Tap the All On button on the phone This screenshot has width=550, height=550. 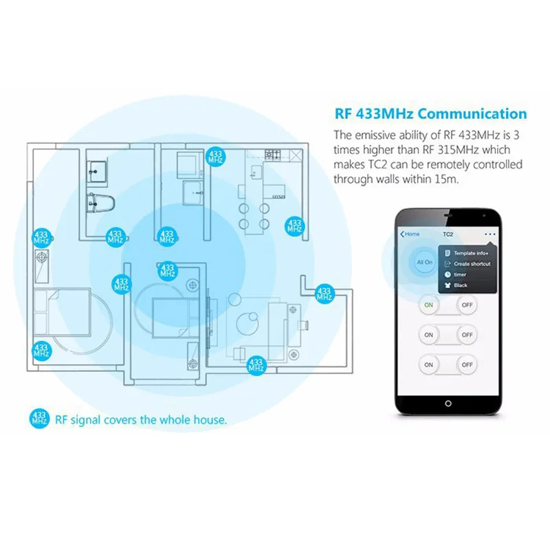coord(424,262)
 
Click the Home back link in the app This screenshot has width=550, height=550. coord(410,234)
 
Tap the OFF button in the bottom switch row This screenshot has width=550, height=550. coord(467,364)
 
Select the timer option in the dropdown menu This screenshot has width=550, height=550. coord(460,274)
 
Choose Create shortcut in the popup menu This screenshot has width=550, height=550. coord(472,264)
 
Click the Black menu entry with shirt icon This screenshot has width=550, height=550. coord(460,285)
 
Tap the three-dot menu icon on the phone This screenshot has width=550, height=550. coord(489,234)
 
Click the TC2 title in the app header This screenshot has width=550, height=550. coord(448,234)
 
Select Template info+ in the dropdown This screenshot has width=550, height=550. coord(470,253)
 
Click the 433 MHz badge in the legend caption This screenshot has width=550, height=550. coord(40,418)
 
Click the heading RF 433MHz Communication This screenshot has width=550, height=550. coord(430,114)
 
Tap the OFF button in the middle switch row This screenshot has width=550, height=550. coord(467,334)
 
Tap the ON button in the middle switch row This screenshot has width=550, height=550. coord(428,334)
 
